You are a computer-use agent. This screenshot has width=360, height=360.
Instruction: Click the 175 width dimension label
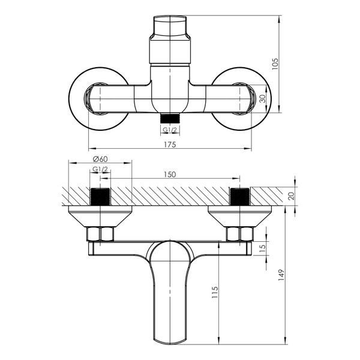coord(170,145)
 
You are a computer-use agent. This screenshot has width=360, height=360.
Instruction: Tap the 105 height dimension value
coord(275,64)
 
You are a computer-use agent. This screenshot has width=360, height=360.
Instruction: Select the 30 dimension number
coord(263,98)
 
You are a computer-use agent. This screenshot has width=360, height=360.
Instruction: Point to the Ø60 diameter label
coord(100,158)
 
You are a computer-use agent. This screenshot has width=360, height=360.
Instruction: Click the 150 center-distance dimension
coord(170,175)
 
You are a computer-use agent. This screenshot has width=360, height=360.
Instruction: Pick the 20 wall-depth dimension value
coord(291,196)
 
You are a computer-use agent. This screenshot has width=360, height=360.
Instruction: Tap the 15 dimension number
coord(263,247)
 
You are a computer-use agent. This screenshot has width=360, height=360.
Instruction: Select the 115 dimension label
coord(214,292)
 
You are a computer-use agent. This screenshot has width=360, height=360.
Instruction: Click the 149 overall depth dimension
coord(281,275)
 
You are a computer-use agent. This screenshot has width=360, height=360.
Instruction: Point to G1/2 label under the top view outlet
coord(170,130)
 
